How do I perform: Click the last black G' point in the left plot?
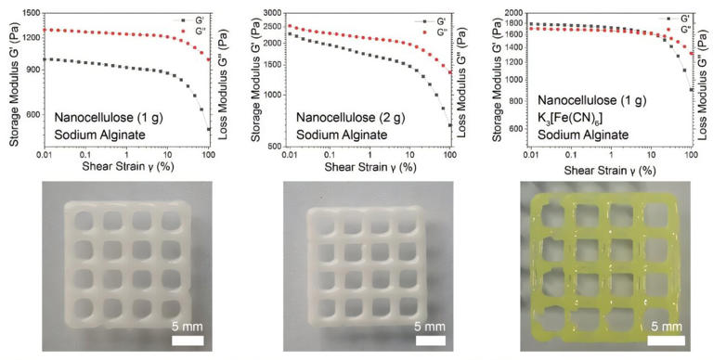(x=209, y=129)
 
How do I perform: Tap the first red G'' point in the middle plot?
(x=291, y=26)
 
